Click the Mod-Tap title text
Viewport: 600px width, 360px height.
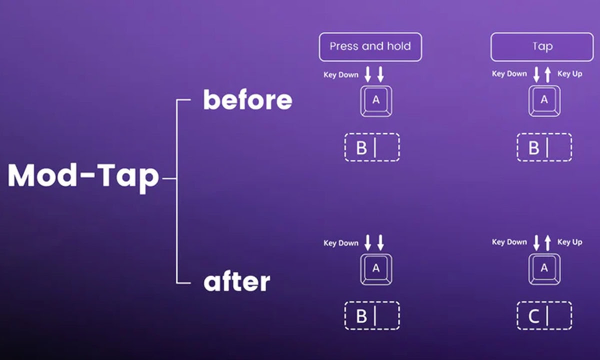click(83, 177)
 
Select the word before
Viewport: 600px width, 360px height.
click(248, 99)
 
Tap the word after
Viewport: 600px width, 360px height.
click(237, 281)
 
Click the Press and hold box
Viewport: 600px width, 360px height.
click(370, 47)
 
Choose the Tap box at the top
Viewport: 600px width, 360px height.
click(542, 47)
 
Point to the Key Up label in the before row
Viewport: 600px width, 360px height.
click(569, 73)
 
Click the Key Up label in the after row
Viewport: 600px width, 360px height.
click(569, 242)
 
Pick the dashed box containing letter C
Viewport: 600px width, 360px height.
click(544, 315)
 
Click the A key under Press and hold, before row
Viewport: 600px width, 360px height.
click(376, 101)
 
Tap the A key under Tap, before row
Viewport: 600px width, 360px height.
click(544, 101)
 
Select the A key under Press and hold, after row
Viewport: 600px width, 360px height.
click(376, 269)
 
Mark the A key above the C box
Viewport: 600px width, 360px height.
click(544, 269)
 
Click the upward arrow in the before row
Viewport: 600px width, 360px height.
click(548, 74)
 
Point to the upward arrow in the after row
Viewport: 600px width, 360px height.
click(548, 243)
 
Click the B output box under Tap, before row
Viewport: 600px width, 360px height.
click(544, 147)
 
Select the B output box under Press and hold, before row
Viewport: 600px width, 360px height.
click(372, 147)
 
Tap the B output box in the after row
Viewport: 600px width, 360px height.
click(372, 315)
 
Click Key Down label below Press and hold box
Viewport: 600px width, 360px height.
click(340, 74)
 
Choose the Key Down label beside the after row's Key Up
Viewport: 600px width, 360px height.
click(509, 242)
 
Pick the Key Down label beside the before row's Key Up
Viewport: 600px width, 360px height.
click(509, 73)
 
